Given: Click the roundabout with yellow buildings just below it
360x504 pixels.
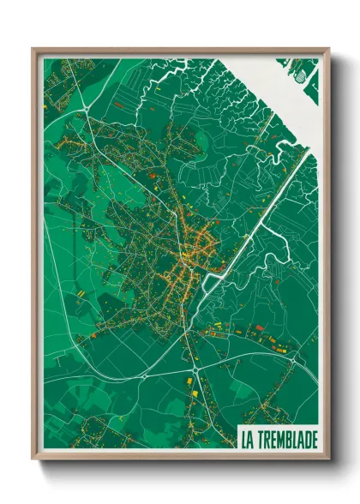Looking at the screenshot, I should pyautogui.click(x=198, y=369).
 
